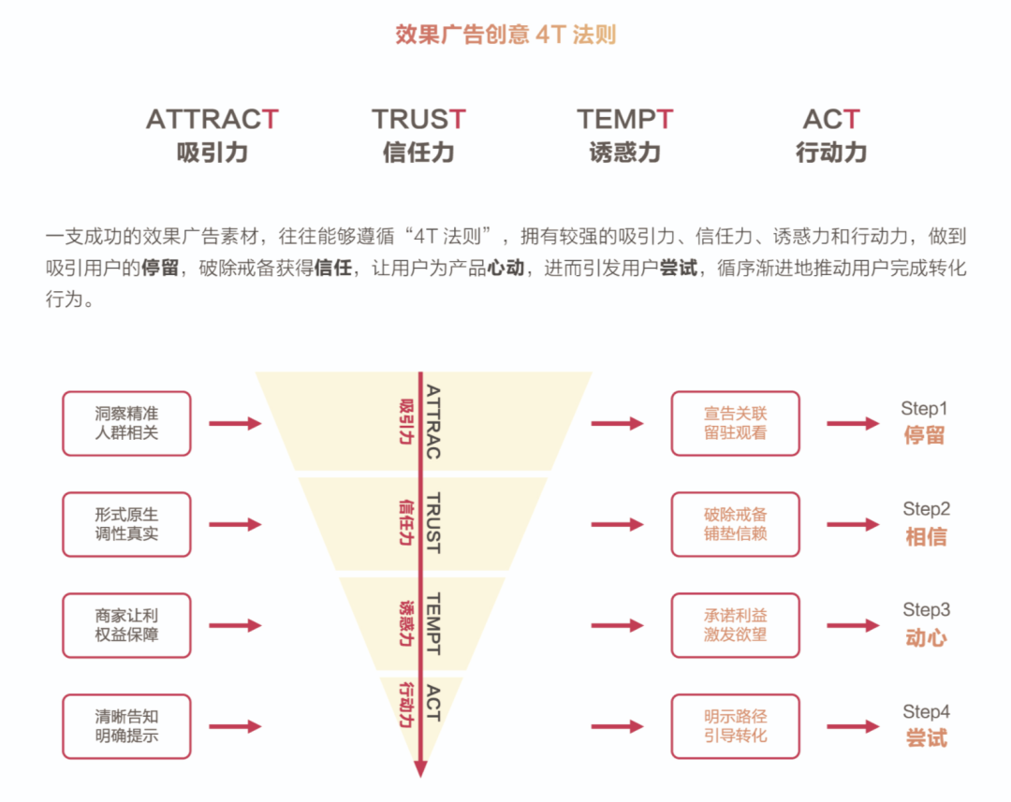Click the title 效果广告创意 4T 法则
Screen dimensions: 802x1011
pos(505,36)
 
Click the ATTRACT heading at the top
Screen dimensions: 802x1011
pos(212,120)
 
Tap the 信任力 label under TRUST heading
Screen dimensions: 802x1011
pos(418,153)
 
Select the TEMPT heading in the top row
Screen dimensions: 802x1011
pos(624,120)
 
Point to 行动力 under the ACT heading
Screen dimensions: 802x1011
pos(831,153)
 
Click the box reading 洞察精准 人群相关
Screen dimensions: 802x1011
pos(126,424)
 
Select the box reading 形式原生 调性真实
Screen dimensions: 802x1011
pos(126,525)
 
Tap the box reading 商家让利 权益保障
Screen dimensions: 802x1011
pos(126,626)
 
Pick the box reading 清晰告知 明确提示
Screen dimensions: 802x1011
pos(126,726)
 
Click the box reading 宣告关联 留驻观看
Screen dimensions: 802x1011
pos(736,424)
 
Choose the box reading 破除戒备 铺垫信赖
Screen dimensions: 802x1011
pos(736,525)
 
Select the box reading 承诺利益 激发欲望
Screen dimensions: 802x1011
pos(736,626)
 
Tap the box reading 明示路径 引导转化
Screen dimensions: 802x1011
pos(736,726)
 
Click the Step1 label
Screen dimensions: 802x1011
pos(924,409)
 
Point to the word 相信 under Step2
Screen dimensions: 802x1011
pos(926,537)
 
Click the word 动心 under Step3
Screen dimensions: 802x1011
pos(926,638)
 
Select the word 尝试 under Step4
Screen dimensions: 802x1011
pos(926,738)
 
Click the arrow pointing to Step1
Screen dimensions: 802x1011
pos(853,424)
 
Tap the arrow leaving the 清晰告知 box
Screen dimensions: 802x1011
pos(234,726)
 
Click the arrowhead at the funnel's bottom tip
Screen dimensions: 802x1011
pos(420,768)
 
